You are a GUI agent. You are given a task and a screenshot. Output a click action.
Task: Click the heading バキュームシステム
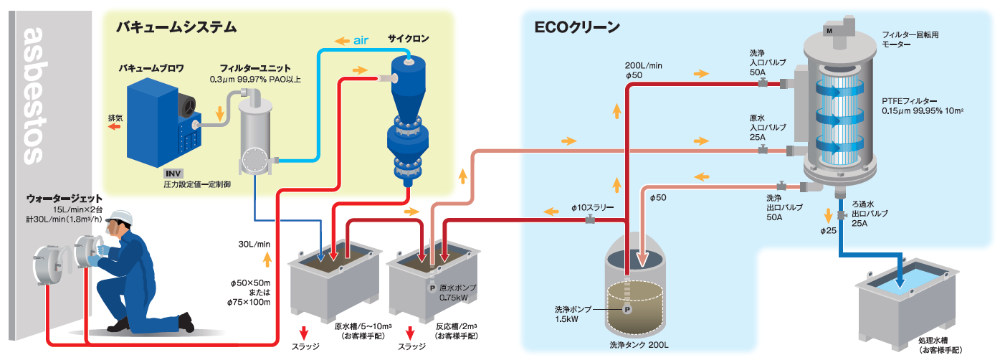point(176,28)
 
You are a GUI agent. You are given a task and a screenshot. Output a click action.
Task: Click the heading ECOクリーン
point(577,28)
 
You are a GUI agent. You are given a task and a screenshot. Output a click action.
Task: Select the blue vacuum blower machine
point(156,120)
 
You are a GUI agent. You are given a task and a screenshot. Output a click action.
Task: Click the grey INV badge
point(174,173)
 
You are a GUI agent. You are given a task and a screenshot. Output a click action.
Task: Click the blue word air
point(361,40)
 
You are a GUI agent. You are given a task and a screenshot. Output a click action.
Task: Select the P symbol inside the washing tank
point(627,310)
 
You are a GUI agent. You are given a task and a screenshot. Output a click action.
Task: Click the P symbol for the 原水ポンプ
point(432,288)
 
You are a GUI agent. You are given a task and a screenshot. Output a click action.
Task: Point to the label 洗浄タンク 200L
point(637,345)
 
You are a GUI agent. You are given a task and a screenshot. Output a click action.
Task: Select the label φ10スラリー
point(593,207)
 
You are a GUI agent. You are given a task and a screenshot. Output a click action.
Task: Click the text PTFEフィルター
point(910,101)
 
